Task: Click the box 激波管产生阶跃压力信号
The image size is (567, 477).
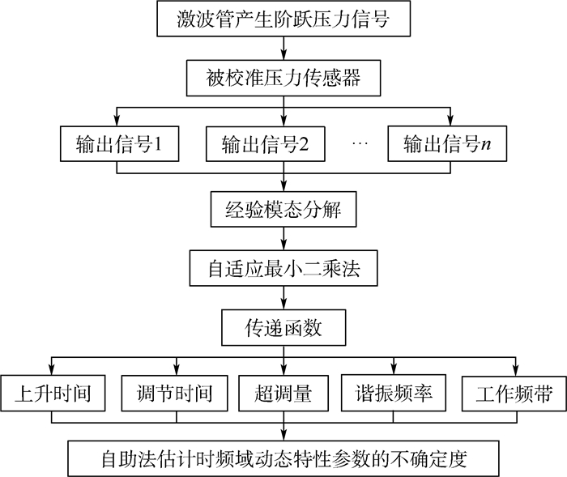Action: (283, 19)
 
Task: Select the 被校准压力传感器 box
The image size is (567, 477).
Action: (283, 80)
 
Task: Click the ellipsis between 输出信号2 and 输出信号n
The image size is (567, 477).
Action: (360, 144)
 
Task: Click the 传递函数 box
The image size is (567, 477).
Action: (283, 329)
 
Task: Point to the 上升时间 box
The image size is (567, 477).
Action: (53, 394)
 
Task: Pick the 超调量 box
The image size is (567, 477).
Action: (283, 394)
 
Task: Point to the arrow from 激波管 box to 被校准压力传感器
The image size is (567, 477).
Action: (283, 49)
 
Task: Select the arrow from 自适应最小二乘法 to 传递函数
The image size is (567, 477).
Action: (283, 299)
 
